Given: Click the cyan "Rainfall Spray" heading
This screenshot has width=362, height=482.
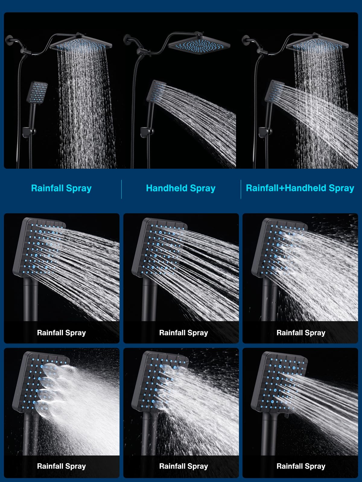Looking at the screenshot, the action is [61, 188].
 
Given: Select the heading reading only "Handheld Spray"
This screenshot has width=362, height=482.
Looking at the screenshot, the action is [181, 188].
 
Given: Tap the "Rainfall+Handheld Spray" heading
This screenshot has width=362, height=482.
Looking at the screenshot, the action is [300, 188].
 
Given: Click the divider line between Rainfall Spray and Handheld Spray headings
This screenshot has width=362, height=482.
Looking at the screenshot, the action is [121, 189].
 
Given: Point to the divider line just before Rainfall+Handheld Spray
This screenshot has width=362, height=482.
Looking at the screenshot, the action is [241, 189].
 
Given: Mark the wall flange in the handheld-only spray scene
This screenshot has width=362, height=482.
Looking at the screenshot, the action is [127, 40].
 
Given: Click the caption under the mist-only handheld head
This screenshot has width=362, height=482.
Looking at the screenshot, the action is [61, 466].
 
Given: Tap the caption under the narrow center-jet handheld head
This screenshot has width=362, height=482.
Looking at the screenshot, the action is [301, 466].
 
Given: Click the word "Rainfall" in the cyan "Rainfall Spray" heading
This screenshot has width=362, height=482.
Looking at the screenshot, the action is [47, 188].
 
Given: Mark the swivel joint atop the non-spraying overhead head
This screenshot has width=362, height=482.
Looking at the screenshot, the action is [198, 34].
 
